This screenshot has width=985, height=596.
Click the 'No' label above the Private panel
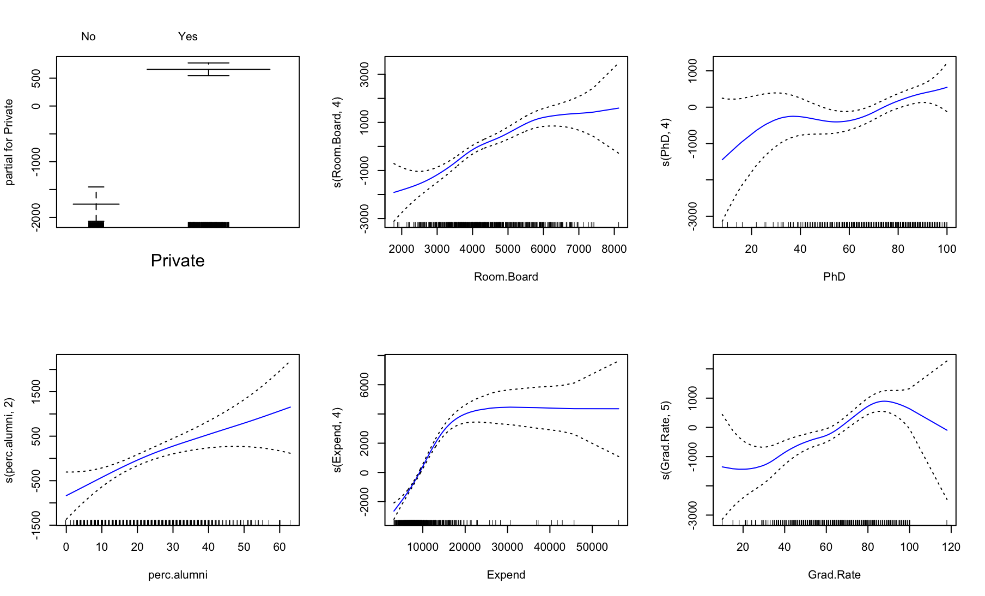pos(88,37)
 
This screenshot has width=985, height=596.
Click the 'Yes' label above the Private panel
pos(187,37)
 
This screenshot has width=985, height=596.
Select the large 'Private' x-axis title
pos(178,260)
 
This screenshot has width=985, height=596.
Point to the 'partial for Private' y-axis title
pos(9,142)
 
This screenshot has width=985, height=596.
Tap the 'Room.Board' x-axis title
pos(506,277)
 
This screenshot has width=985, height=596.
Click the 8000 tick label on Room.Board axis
pos(613,249)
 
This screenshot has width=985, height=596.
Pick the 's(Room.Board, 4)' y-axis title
pos(338,142)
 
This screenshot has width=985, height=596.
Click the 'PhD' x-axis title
pos(834,277)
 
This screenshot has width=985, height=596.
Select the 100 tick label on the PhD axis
pos(947,249)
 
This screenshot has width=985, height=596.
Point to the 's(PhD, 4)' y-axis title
pos(666,142)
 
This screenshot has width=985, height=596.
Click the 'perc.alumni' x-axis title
pos(178,575)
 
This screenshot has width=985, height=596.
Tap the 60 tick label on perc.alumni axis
pos(279,547)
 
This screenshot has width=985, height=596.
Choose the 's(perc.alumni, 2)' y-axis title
pos(9,440)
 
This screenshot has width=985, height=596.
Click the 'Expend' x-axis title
pos(506,575)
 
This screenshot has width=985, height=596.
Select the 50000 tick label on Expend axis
pos(592,547)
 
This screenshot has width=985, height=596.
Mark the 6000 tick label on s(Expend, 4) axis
pos(364,385)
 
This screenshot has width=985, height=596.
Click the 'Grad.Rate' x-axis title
pos(834,575)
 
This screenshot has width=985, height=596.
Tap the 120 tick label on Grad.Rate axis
pos(951,547)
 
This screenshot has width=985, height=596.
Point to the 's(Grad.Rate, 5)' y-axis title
pos(666,440)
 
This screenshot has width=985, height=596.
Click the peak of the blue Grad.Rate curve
pos(884,401)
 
